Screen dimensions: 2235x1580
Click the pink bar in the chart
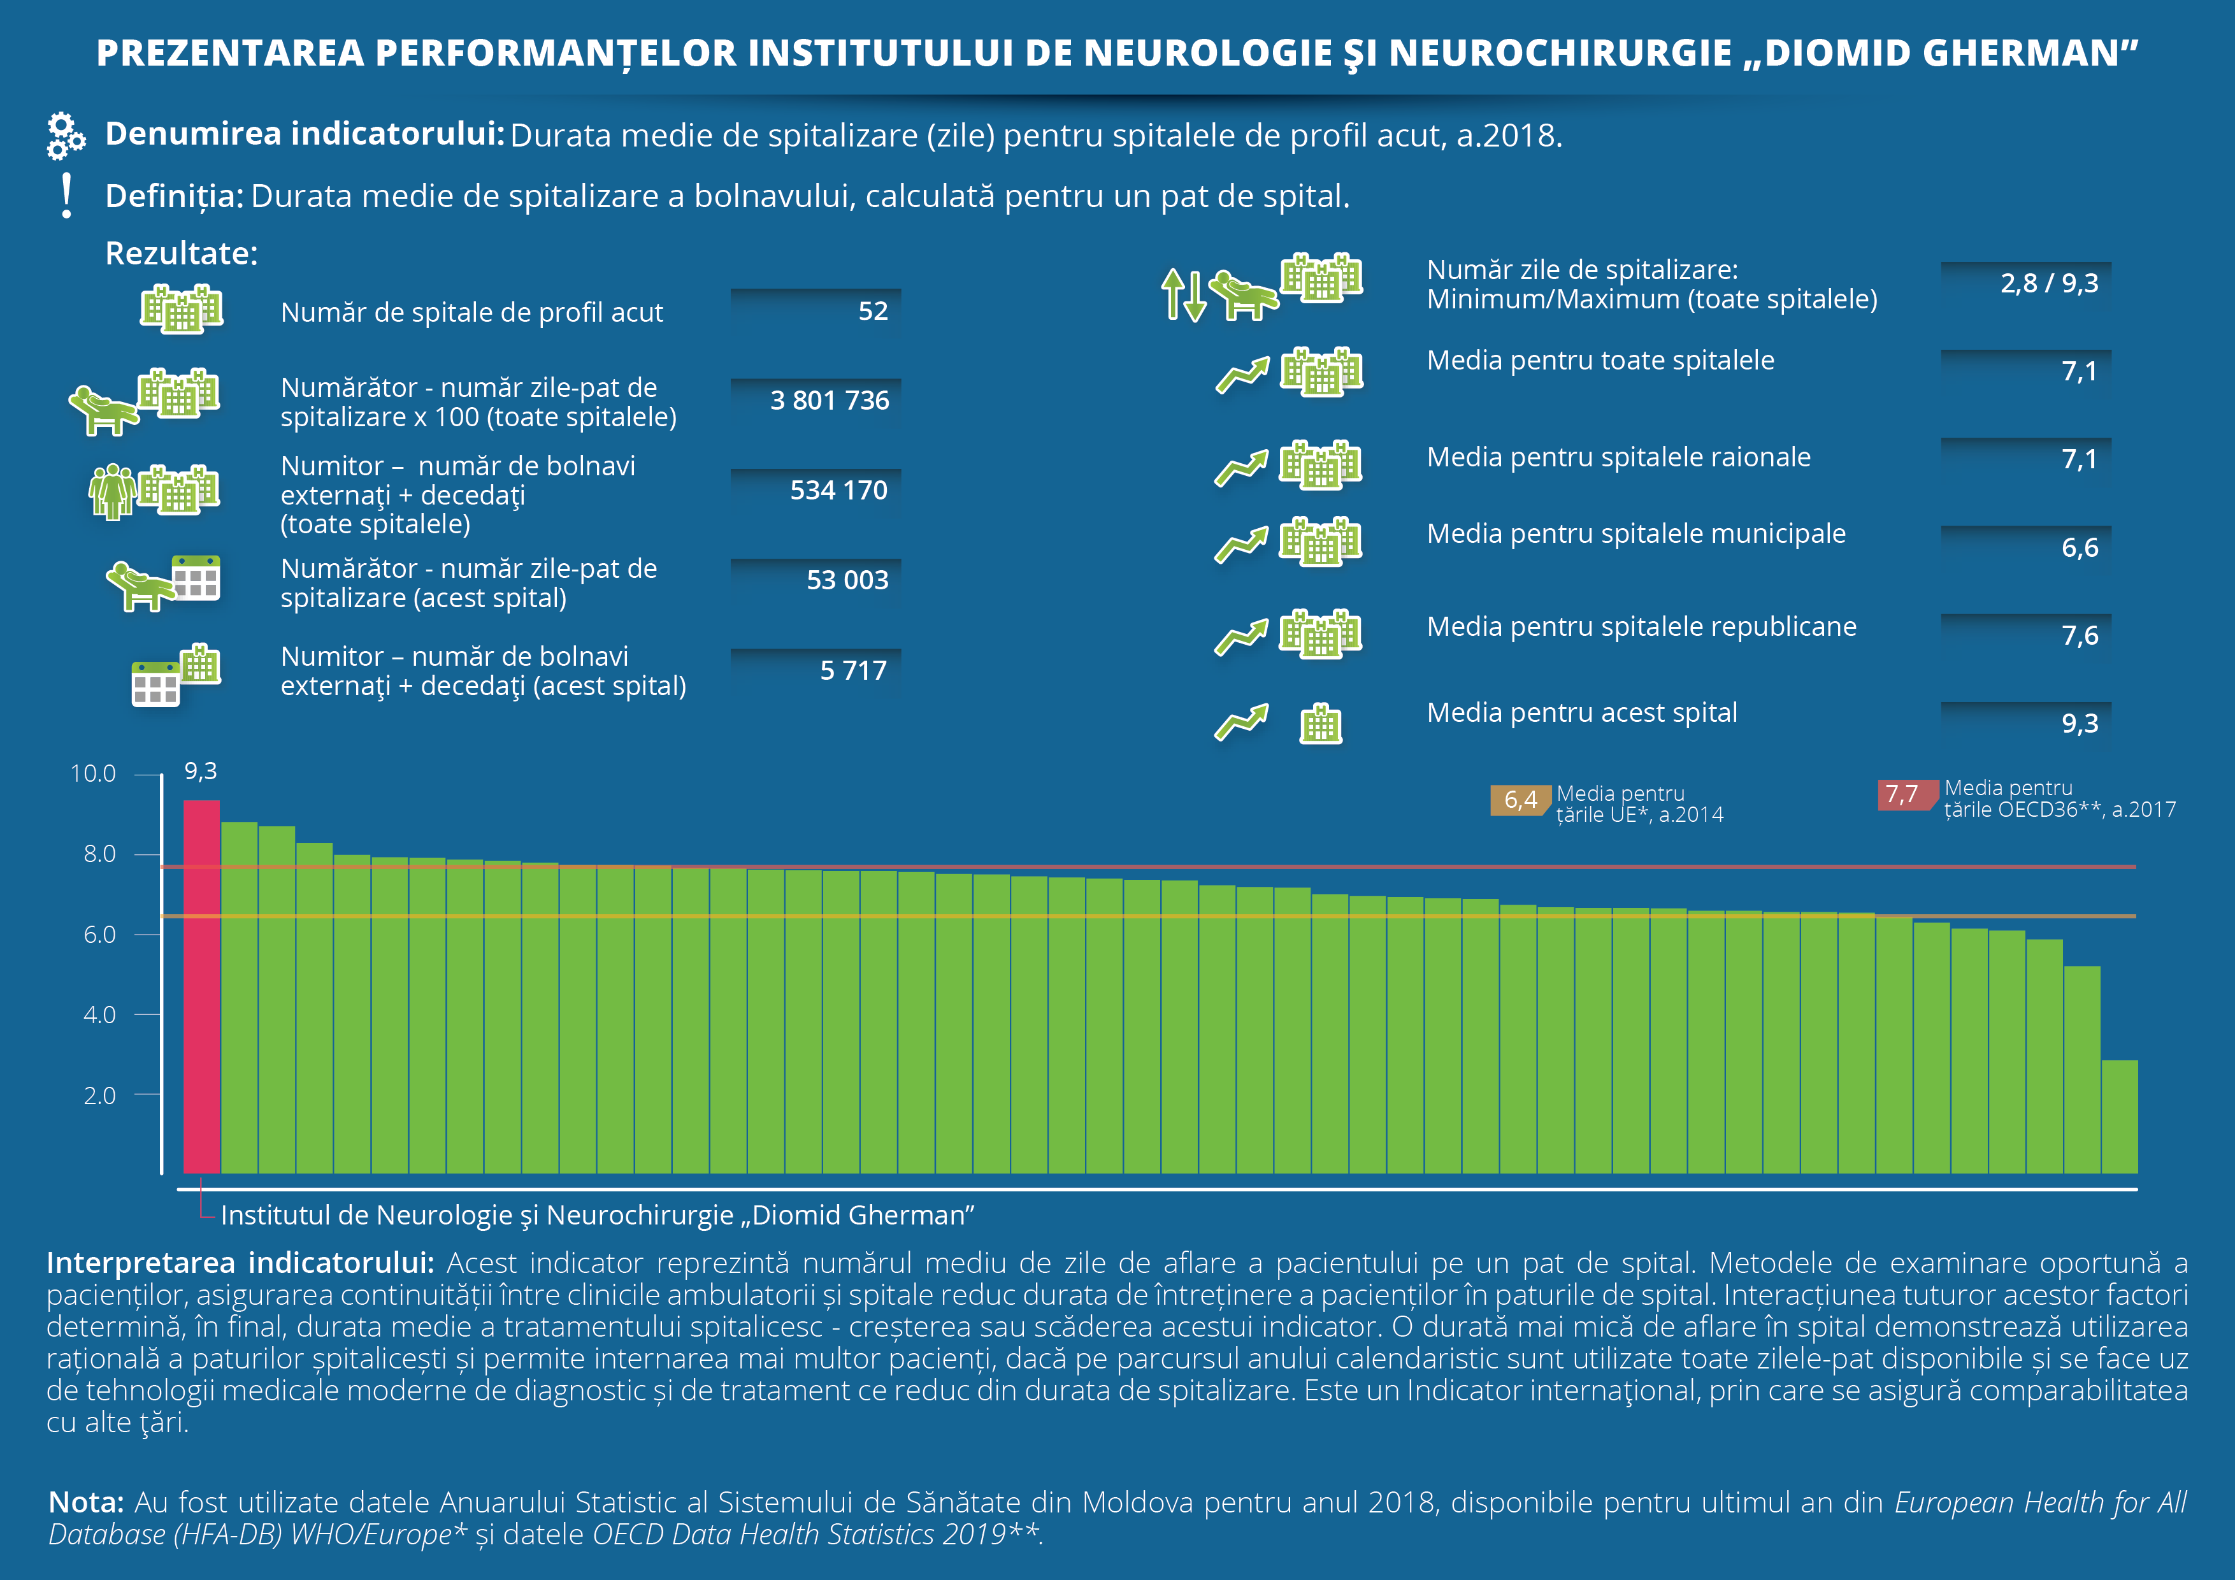pyautogui.click(x=201, y=986)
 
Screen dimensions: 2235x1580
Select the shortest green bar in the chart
pyautogui.click(x=2119, y=1117)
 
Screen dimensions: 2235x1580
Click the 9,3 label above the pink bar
pyautogui.click(x=201, y=771)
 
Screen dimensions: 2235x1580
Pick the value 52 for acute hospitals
pyautogui.click(x=873, y=312)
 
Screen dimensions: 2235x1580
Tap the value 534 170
pyautogui.click(x=838, y=490)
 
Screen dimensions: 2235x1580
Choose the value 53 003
pyautogui.click(x=847, y=580)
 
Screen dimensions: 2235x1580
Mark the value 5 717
pyautogui.click(x=852, y=671)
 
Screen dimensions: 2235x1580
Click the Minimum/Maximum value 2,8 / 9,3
pyautogui.click(x=2049, y=284)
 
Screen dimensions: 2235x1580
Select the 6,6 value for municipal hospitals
pyautogui.click(x=2080, y=548)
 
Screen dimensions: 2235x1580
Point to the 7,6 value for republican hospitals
pyautogui.click(x=2080, y=636)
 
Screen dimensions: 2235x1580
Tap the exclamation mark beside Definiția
pyautogui.click(x=66, y=196)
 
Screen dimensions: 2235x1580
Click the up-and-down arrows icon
pyautogui.click(x=1184, y=295)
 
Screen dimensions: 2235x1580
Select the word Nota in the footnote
pyautogui.click(x=85, y=1502)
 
